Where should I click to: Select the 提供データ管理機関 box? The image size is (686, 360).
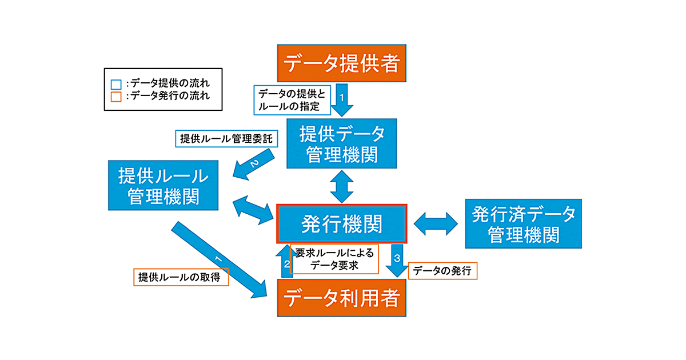tap(342, 145)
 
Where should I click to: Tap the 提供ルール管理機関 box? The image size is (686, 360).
tap(163, 185)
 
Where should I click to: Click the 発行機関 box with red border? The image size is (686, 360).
tap(341, 225)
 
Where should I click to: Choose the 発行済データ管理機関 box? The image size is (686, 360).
tap(523, 223)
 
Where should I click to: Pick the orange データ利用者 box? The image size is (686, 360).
tap(341, 298)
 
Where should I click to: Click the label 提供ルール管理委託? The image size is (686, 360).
tap(225, 138)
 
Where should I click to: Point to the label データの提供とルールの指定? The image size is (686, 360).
tap(292, 99)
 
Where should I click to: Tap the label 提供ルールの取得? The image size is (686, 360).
tap(180, 277)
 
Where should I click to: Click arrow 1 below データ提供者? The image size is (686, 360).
tap(342, 101)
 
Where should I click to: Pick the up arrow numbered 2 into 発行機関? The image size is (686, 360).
tap(285, 260)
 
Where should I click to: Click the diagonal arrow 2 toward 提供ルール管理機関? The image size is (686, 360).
tap(256, 166)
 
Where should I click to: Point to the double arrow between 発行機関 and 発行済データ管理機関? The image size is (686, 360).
tap(436, 224)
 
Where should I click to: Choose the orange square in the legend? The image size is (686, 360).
tap(116, 97)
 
